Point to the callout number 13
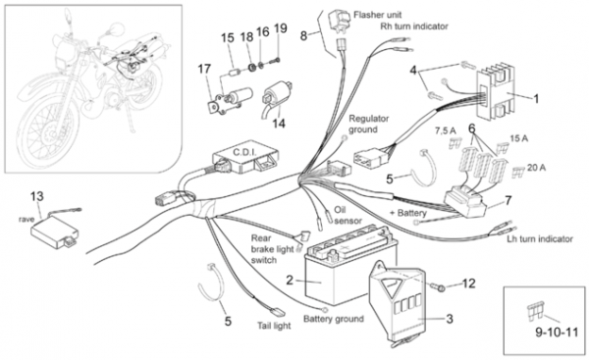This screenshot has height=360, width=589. (x=37, y=196)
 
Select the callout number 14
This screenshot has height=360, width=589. (x=279, y=124)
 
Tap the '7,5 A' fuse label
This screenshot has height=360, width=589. (x=445, y=131)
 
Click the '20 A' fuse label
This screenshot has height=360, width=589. (x=536, y=168)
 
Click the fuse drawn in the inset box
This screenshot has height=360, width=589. (x=535, y=312)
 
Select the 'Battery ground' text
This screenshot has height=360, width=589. (x=334, y=319)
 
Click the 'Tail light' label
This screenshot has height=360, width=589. (x=274, y=326)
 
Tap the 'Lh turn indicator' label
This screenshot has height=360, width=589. (x=540, y=238)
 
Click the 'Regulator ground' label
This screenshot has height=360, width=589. (x=363, y=124)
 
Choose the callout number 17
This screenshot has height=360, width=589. (x=204, y=69)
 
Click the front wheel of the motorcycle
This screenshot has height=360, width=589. (x=49, y=131)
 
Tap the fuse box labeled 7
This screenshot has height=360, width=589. (x=465, y=203)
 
